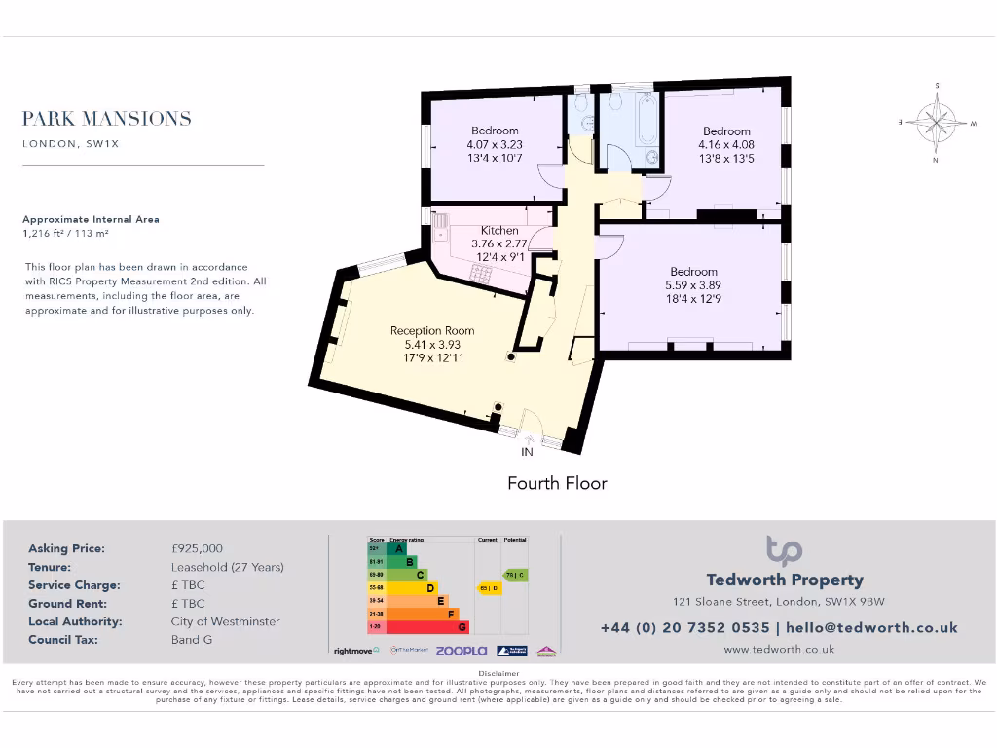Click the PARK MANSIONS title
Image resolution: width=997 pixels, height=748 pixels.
click(107, 119)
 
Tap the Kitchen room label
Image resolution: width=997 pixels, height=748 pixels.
click(499, 230)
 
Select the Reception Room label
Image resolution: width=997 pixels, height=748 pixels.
click(432, 330)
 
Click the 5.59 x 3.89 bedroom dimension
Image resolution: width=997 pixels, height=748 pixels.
click(693, 285)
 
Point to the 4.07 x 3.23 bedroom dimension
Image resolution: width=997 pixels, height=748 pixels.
click(495, 144)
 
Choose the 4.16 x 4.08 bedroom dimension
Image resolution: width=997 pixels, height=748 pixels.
click(726, 145)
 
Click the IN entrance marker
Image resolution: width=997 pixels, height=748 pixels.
click(527, 452)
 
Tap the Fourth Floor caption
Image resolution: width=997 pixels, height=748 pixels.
click(557, 483)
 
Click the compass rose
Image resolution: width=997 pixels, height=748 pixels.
click(937, 123)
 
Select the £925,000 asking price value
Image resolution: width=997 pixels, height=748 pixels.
click(197, 548)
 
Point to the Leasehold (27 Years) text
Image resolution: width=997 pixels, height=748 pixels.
click(227, 567)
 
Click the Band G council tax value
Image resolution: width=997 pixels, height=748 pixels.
click(191, 640)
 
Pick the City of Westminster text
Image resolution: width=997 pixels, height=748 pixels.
click(225, 621)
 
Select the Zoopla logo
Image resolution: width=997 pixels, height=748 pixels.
click(461, 650)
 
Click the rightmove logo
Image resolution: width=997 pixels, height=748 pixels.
click(356, 650)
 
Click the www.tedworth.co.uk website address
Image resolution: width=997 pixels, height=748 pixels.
click(779, 649)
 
